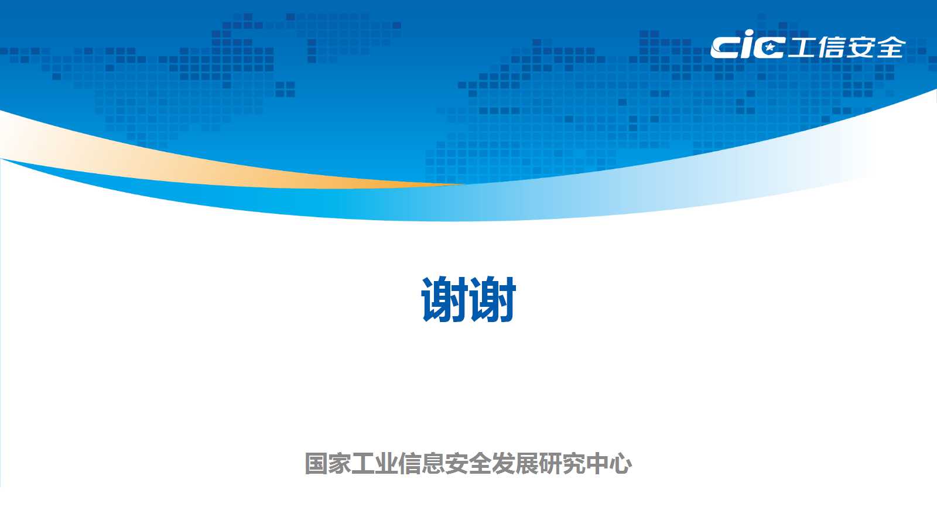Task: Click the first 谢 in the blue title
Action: (x=444, y=299)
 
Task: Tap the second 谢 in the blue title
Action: (x=493, y=299)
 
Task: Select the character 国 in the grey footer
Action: (x=316, y=463)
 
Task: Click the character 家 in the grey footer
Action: (x=339, y=463)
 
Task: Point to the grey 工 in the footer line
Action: (x=363, y=463)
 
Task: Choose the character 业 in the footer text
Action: (x=386, y=463)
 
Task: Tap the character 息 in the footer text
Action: (x=433, y=463)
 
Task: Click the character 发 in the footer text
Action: (x=503, y=463)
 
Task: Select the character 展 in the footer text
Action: (x=526, y=463)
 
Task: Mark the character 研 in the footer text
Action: (x=550, y=463)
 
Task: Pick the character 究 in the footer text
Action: (x=573, y=463)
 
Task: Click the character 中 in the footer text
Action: (x=597, y=463)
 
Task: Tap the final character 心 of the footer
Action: (x=620, y=463)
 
